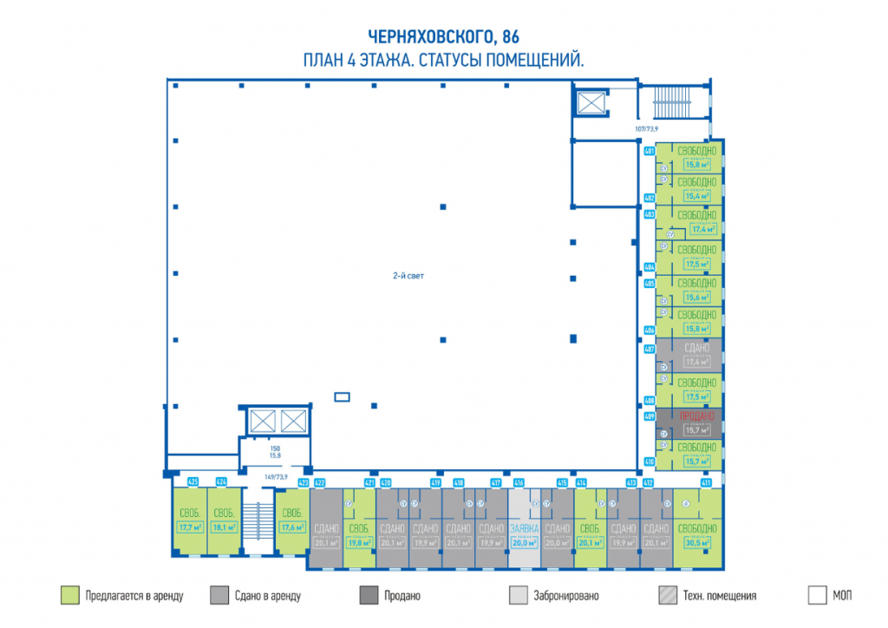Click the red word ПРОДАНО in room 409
[x=697, y=416]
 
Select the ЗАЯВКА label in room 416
[x=524, y=529]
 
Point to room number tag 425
[x=193, y=481]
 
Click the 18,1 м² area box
[x=224, y=526]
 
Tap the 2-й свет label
[x=408, y=276]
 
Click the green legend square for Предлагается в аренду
[x=69, y=595]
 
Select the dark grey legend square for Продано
[x=369, y=595]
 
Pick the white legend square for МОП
[x=817, y=595]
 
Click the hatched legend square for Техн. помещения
[x=668, y=595]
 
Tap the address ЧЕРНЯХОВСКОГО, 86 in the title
[x=443, y=36]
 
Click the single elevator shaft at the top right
[x=591, y=103]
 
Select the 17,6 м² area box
[x=292, y=526]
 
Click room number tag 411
[x=706, y=482]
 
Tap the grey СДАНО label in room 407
[x=697, y=347]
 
